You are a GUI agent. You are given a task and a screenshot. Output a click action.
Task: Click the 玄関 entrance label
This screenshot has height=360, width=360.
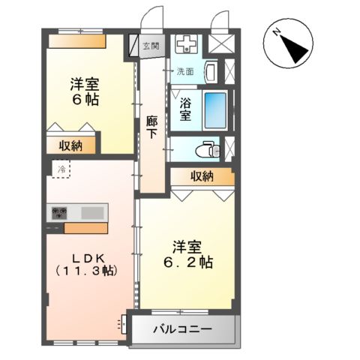(x=151, y=46)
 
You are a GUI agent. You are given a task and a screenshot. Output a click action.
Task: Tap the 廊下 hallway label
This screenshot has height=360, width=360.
(x=151, y=125)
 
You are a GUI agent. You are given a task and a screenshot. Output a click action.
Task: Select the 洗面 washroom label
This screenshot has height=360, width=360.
(x=184, y=73)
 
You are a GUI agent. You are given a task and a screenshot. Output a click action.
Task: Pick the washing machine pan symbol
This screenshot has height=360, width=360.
(x=187, y=45)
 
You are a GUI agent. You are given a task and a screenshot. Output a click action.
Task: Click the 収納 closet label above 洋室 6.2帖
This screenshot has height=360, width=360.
(x=201, y=176)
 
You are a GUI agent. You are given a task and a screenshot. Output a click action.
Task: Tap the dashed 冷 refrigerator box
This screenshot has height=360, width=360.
(x=60, y=170)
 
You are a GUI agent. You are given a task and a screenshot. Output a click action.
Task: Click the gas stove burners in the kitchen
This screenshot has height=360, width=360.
(x=58, y=213)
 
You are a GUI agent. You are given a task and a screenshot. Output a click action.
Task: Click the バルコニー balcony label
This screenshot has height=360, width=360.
(x=183, y=329)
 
